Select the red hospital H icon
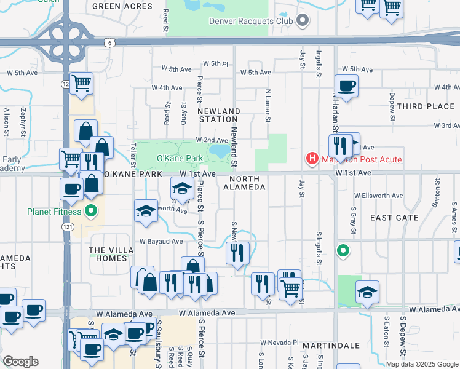coord(312,159)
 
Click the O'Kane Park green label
coord(180,159)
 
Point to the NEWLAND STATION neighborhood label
coord(219,116)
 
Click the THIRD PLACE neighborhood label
coord(426,106)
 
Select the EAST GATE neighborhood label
coord(395,218)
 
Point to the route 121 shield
coord(66,227)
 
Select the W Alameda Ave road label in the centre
coord(208,313)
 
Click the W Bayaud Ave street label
coord(161,242)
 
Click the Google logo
coord(21,362)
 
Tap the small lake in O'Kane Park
coord(218,150)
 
